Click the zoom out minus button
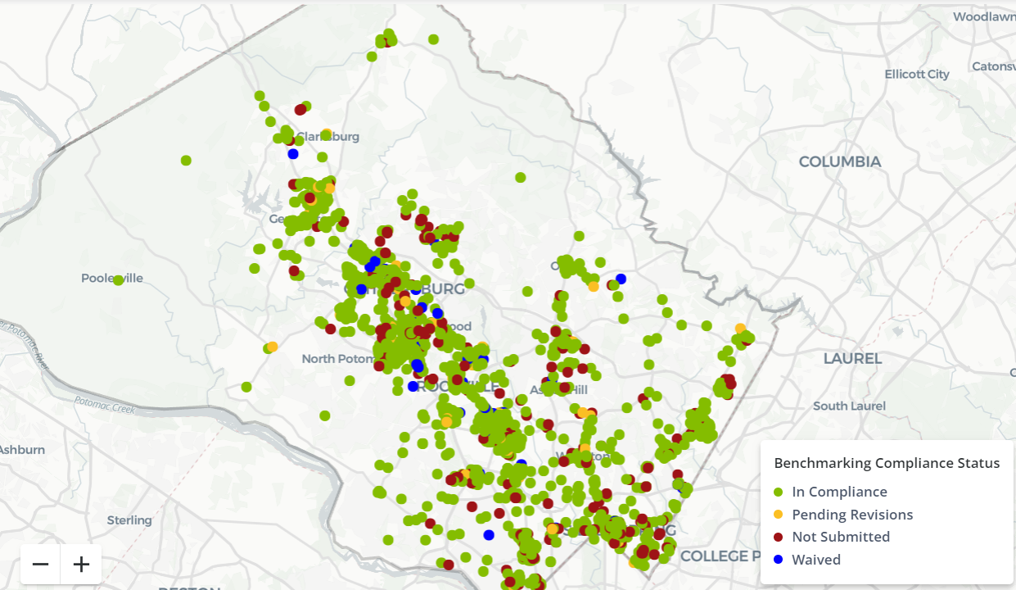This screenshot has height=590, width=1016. (x=40, y=565)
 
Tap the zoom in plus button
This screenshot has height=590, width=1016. (x=81, y=565)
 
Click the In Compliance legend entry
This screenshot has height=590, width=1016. (x=839, y=492)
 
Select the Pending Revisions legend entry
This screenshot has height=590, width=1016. (x=851, y=515)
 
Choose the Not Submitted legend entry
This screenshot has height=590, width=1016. (x=840, y=537)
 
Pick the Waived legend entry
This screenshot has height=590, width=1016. (x=815, y=560)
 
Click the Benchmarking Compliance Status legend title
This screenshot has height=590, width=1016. (x=887, y=463)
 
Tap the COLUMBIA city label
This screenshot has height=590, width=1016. (x=840, y=161)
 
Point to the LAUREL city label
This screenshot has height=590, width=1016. (x=852, y=358)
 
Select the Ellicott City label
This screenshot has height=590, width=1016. (x=917, y=74)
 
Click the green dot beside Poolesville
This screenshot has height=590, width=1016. (x=118, y=280)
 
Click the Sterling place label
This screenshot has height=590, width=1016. (x=129, y=520)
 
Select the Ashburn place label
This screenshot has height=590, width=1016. (x=21, y=449)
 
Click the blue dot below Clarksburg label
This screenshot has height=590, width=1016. (x=293, y=153)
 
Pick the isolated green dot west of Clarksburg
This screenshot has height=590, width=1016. (x=186, y=160)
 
